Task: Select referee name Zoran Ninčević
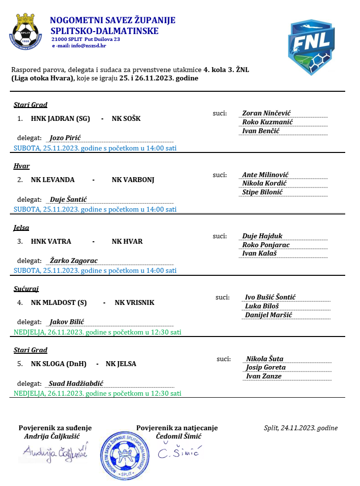[x=266, y=113]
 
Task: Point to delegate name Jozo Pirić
[x=65, y=138]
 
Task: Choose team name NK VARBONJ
[x=133, y=180]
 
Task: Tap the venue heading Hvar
[x=22, y=166]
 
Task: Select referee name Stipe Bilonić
[x=262, y=192]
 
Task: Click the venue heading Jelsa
[x=21, y=228]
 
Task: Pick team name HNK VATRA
[x=51, y=241]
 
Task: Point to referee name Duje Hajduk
[x=262, y=236]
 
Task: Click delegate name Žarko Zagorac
[x=74, y=261]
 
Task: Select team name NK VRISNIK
[x=135, y=302]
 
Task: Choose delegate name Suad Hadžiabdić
[x=76, y=383]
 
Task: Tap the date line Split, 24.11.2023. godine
[x=301, y=428]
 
